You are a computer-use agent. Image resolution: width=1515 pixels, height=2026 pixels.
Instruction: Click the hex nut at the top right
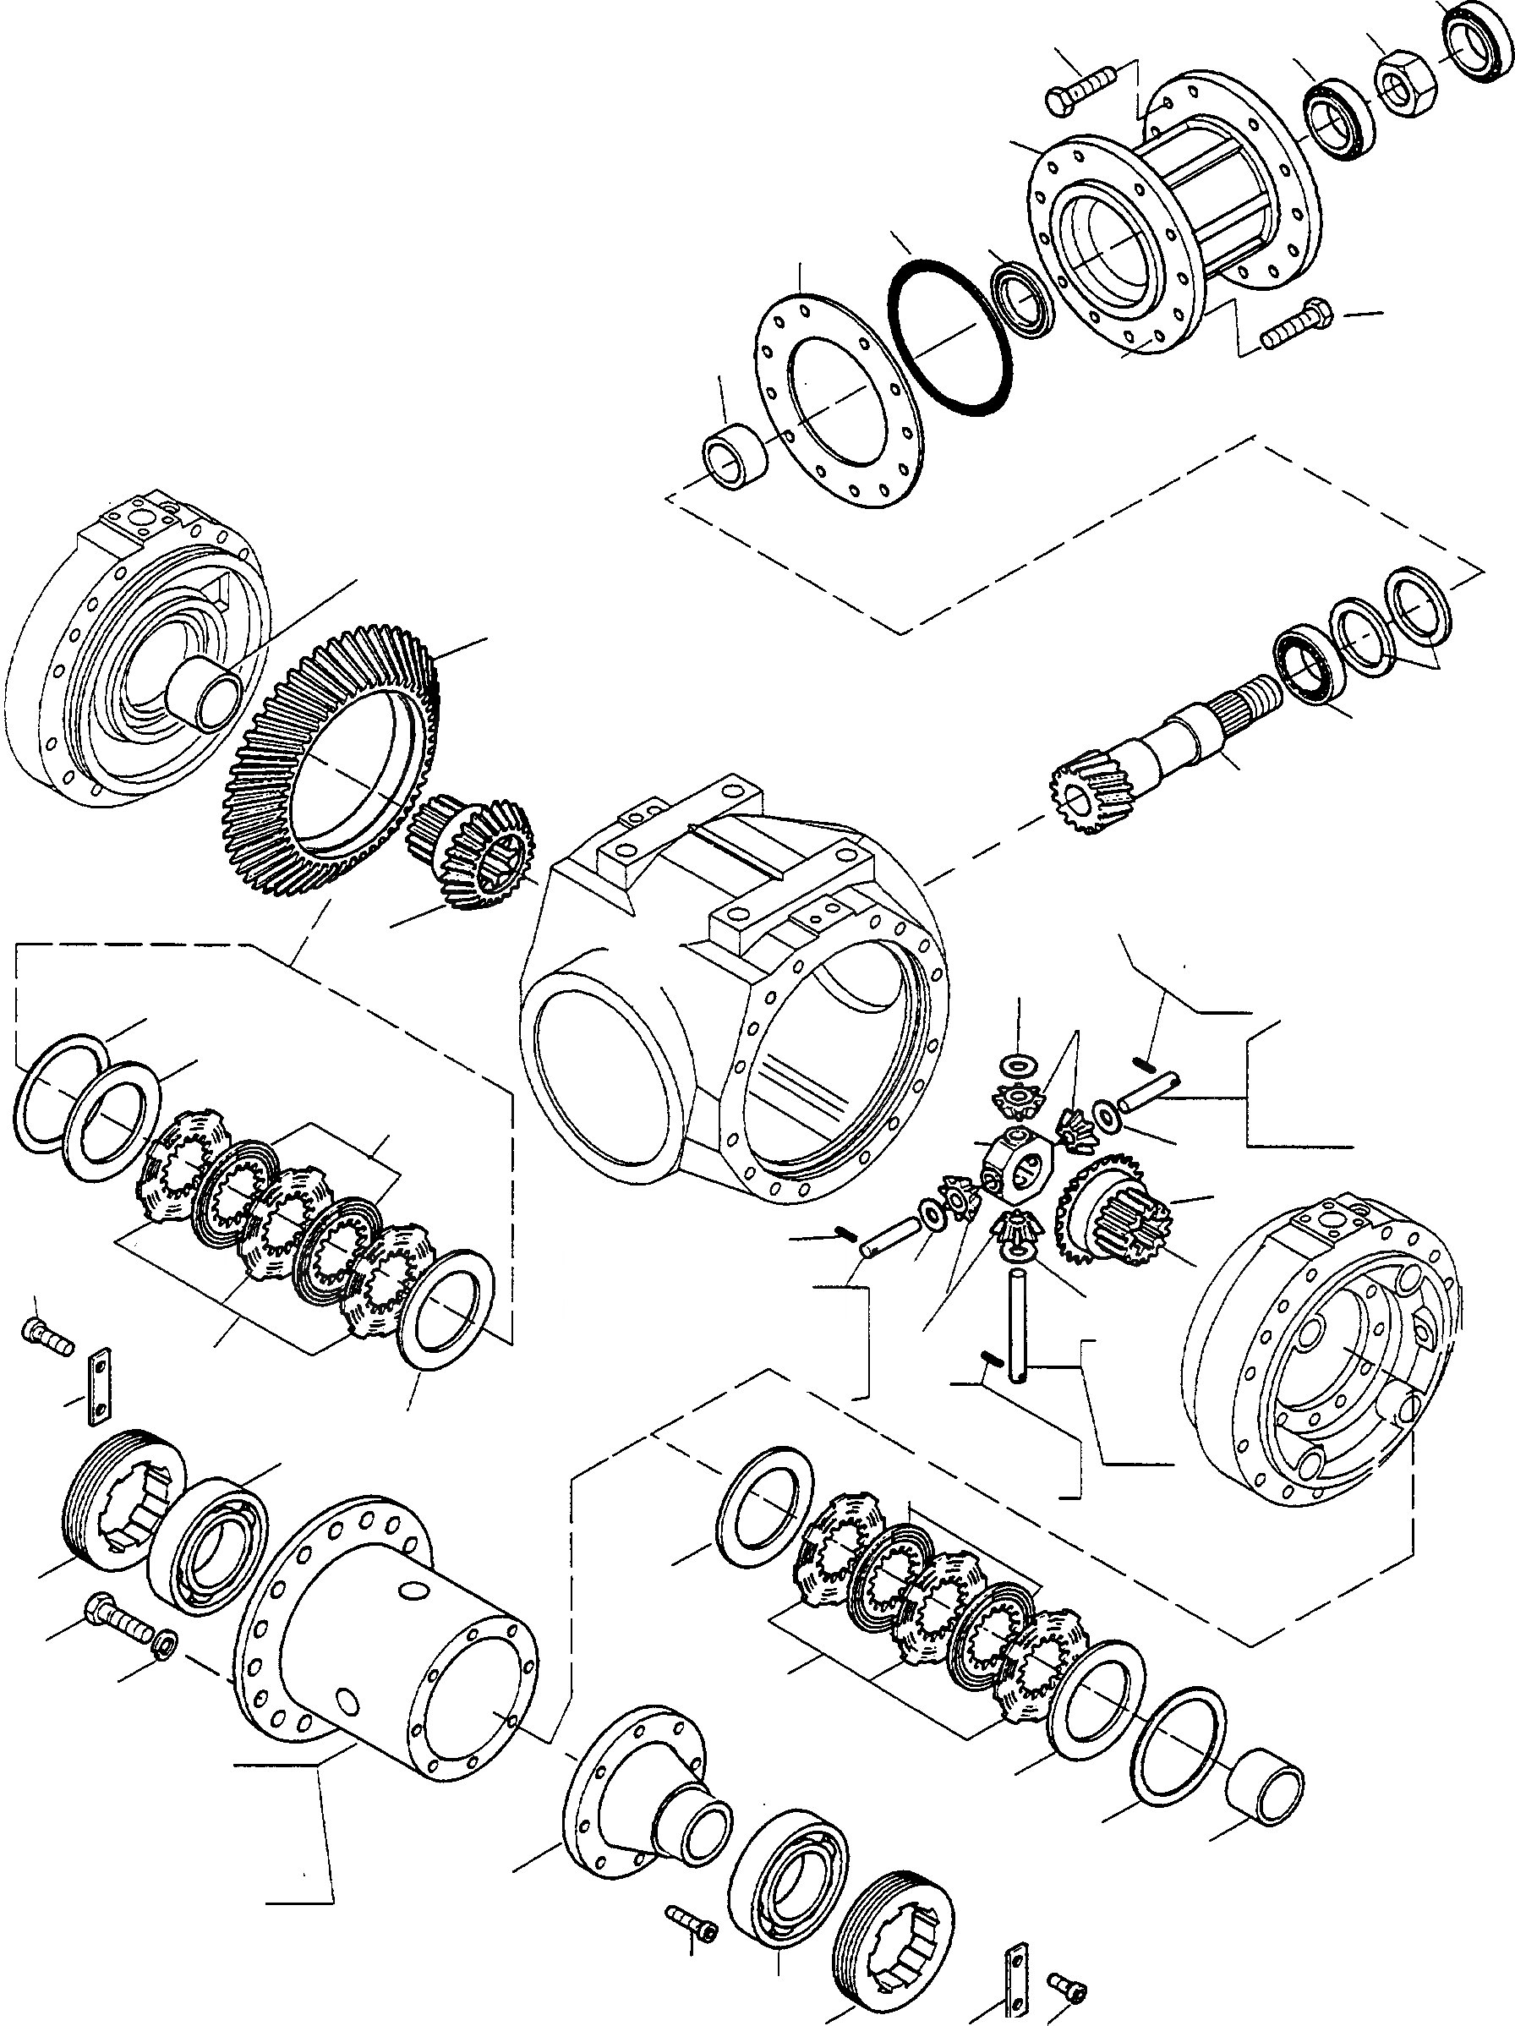(1407, 81)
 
